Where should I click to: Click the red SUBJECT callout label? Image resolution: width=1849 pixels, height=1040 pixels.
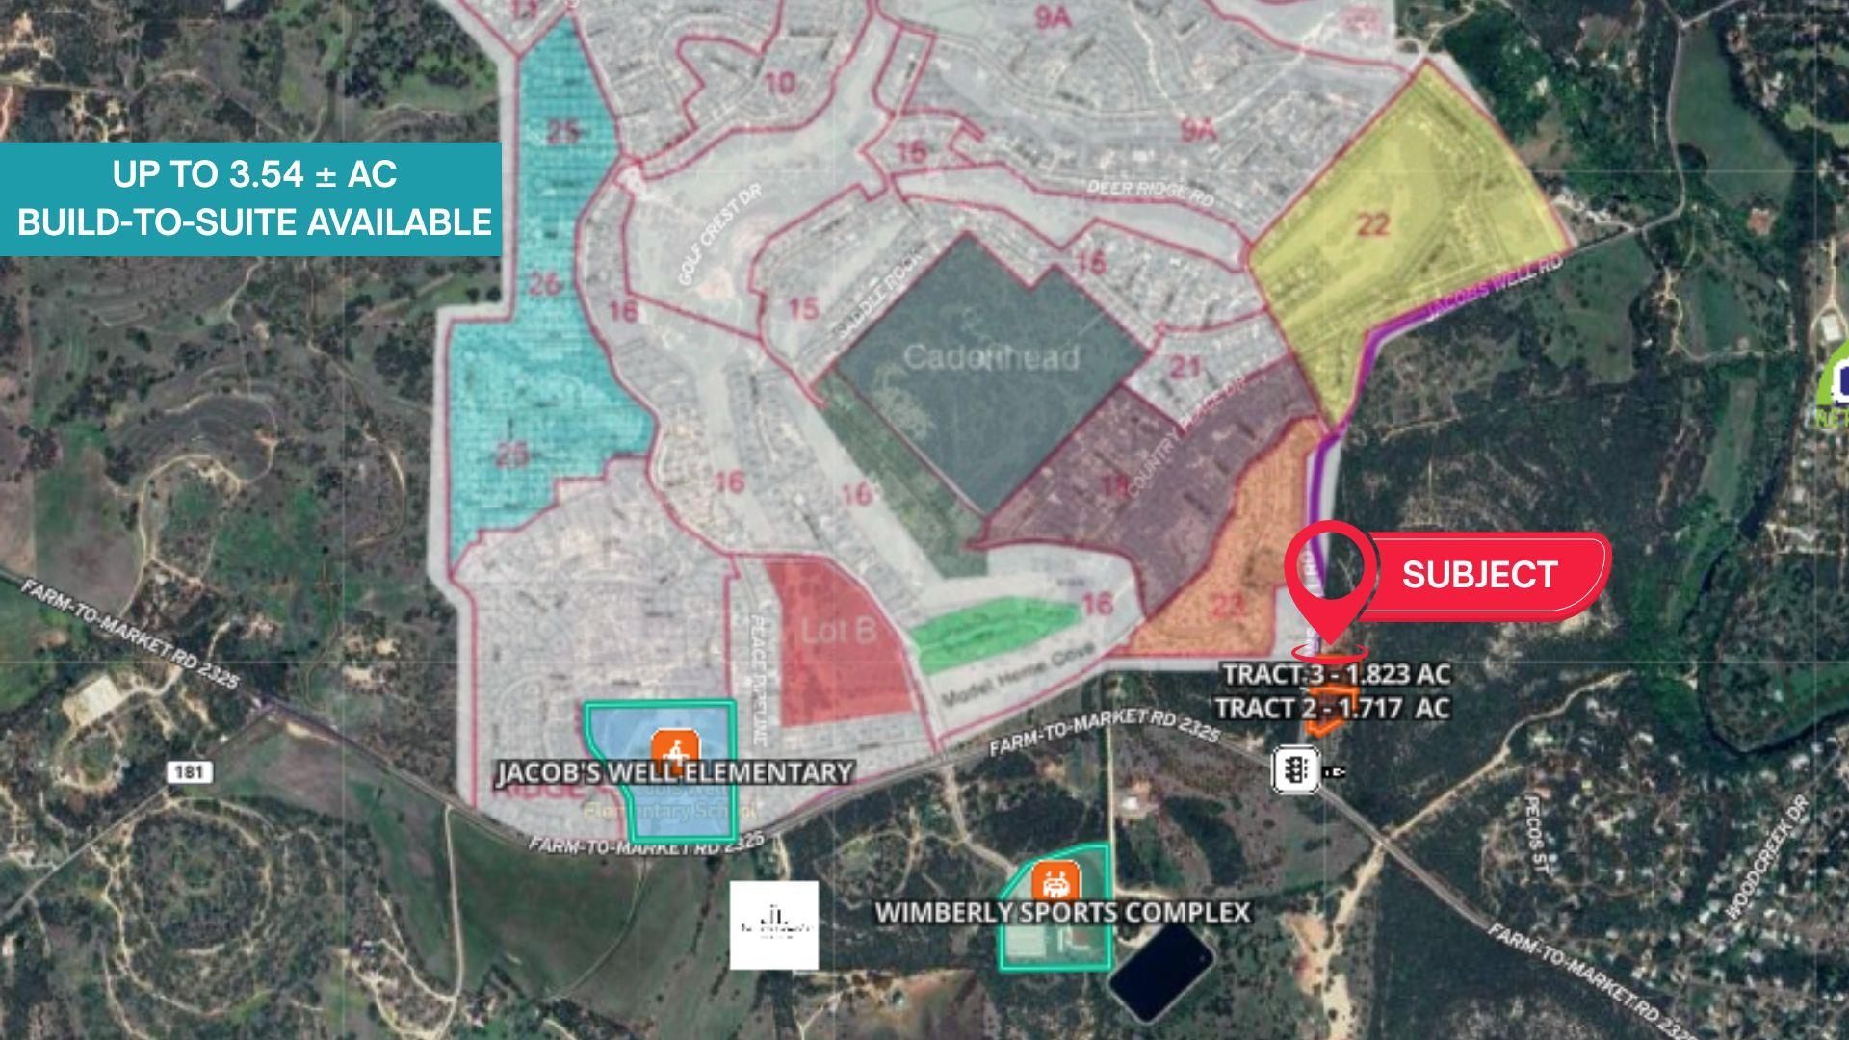pyautogui.click(x=1479, y=575)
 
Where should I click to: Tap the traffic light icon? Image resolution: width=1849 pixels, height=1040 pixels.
pyautogui.click(x=1296, y=769)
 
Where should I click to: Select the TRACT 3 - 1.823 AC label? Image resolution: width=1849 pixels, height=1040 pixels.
pyautogui.click(x=1336, y=674)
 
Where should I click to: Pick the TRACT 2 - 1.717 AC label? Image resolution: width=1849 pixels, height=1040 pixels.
pyautogui.click(x=1331, y=708)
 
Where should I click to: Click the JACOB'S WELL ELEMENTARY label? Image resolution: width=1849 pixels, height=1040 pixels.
pyautogui.click(x=674, y=772)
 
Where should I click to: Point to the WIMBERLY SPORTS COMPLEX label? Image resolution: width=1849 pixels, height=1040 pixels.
pyautogui.click(x=1062, y=912)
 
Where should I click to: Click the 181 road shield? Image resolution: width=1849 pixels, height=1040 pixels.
pyautogui.click(x=189, y=771)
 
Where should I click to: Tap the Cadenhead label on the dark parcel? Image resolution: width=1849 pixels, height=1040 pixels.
pyautogui.click(x=991, y=357)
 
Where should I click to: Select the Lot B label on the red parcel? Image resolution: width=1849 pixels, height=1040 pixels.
pyautogui.click(x=839, y=632)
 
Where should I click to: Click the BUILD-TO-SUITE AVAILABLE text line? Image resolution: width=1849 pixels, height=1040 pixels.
pyautogui.click(x=254, y=222)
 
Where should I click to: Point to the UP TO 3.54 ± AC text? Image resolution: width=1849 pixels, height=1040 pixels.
pyautogui.click(x=254, y=174)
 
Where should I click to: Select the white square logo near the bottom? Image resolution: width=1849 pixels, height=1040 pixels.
pyautogui.click(x=774, y=924)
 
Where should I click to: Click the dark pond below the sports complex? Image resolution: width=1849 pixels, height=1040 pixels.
pyautogui.click(x=1160, y=973)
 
